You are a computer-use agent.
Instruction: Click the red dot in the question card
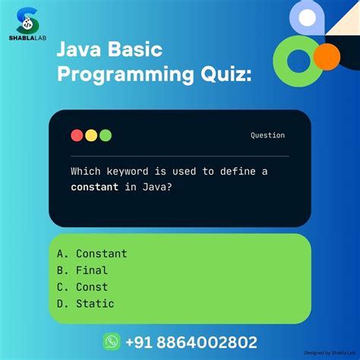click(x=77, y=136)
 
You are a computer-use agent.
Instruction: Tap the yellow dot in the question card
click(x=91, y=136)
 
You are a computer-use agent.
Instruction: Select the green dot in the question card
click(x=106, y=136)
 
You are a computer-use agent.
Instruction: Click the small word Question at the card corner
click(x=267, y=135)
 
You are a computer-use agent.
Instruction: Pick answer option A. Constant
click(x=91, y=254)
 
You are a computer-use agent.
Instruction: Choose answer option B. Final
click(x=82, y=270)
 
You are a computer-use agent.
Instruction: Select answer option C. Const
click(x=82, y=287)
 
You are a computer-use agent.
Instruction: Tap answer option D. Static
click(x=85, y=304)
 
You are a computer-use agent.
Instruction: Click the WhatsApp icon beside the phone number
click(x=112, y=342)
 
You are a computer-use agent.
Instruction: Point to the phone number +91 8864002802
click(x=191, y=343)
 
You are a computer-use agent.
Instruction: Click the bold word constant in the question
click(x=94, y=187)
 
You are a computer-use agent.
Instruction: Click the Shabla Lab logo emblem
click(x=27, y=21)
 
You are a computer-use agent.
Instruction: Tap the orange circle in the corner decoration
click(x=327, y=55)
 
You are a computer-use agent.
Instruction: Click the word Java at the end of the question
click(x=152, y=187)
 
